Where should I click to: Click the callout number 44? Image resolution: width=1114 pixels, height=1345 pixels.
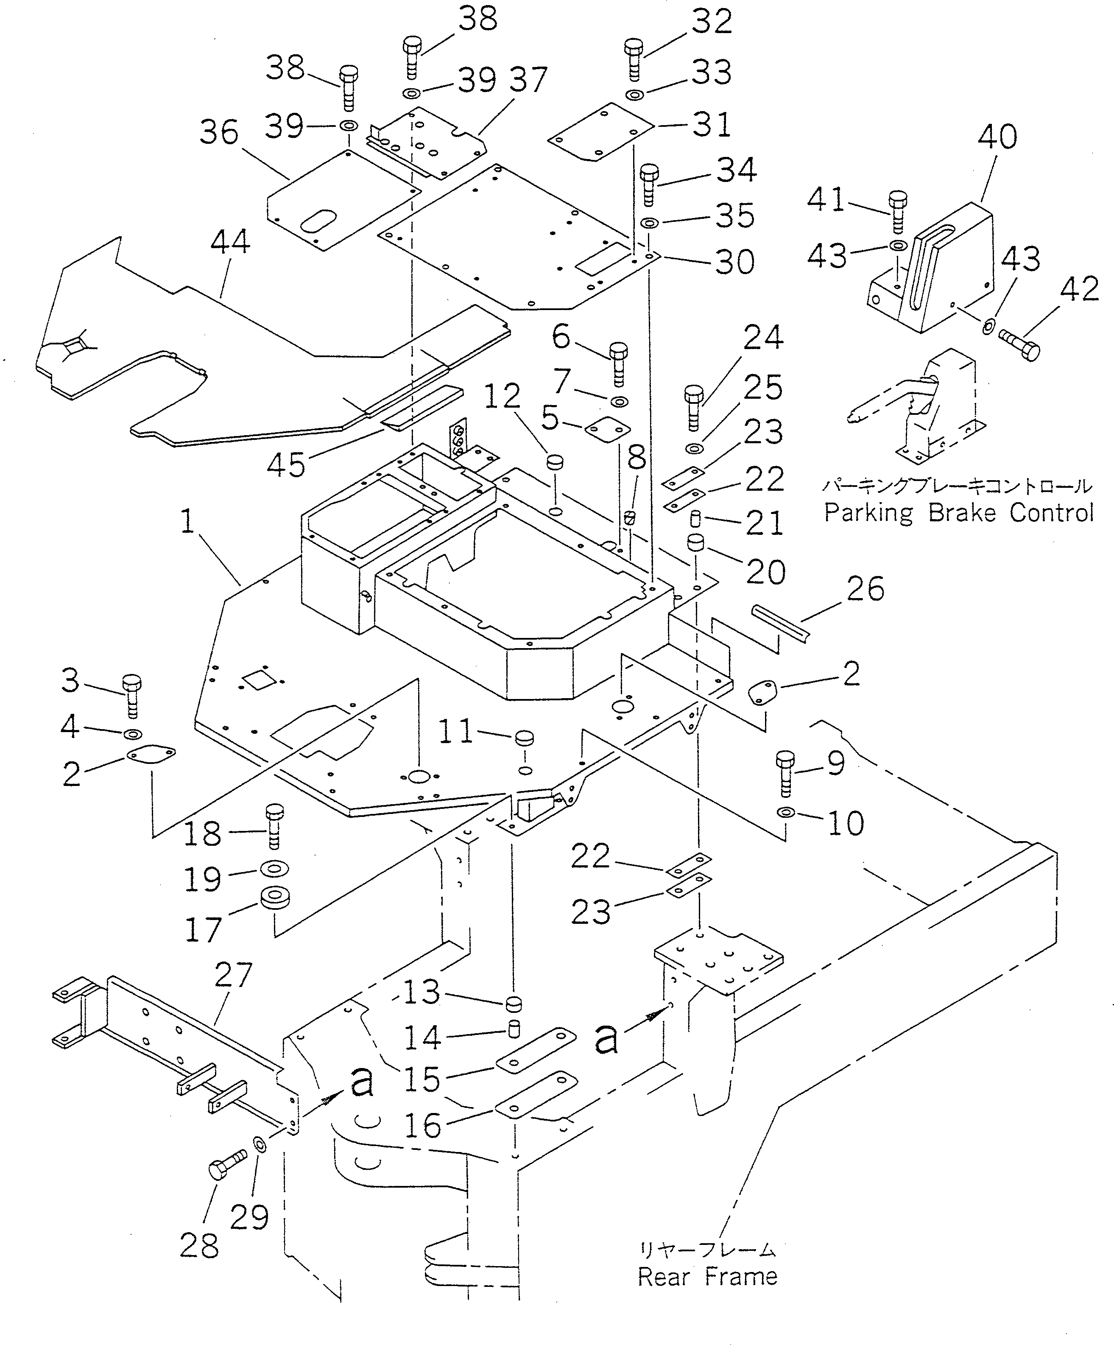(231, 243)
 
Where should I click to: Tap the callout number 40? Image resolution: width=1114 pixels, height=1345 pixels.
(997, 137)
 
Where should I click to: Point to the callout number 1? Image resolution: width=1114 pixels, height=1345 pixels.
(187, 521)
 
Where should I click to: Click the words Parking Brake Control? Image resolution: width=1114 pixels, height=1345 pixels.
(958, 513)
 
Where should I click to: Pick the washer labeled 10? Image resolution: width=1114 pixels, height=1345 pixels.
(785, 813)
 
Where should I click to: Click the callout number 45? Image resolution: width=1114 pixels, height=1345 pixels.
(285, 465)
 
